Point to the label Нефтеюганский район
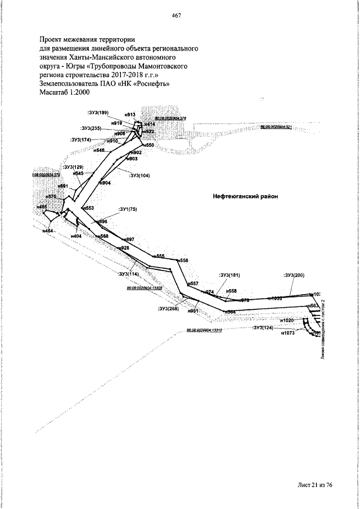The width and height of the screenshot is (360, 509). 246,196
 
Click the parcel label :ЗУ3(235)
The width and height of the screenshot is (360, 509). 91,128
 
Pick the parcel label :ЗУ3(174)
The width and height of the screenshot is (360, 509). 81,139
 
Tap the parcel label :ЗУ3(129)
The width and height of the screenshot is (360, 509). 74,167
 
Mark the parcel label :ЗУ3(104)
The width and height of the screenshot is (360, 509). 139,175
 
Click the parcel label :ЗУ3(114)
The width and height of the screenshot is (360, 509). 129,274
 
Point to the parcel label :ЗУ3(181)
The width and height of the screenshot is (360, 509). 229,275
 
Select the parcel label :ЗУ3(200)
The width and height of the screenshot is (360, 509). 294,275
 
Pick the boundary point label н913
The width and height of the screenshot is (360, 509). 130,114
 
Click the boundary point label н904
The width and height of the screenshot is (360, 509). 105,183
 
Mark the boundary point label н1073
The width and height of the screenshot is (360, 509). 287,334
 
